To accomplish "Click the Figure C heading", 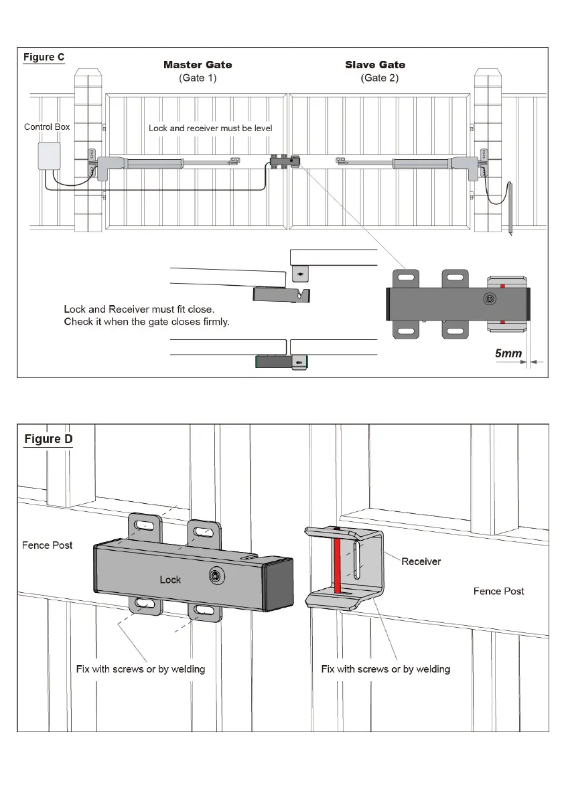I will coord(44,58).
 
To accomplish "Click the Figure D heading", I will coord(48,440).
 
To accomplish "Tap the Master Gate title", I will coord(198,65).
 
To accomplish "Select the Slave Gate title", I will coord(375,65).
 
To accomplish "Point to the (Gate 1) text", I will coord(198,78).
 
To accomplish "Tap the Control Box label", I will coord(47,127).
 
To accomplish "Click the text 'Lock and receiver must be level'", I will coord(210,128).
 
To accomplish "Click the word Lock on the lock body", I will coord(170,580).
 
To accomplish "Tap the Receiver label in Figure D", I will coord(421,561).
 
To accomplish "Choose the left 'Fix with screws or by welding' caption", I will coord(141,669).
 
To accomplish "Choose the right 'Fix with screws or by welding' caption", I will coord(386,669).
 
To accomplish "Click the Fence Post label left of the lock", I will coord(47,545).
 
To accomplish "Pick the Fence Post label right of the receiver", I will coord(498,591).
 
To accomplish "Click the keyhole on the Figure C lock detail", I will coord(490,298).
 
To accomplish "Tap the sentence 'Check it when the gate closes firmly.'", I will coord(147,322).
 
